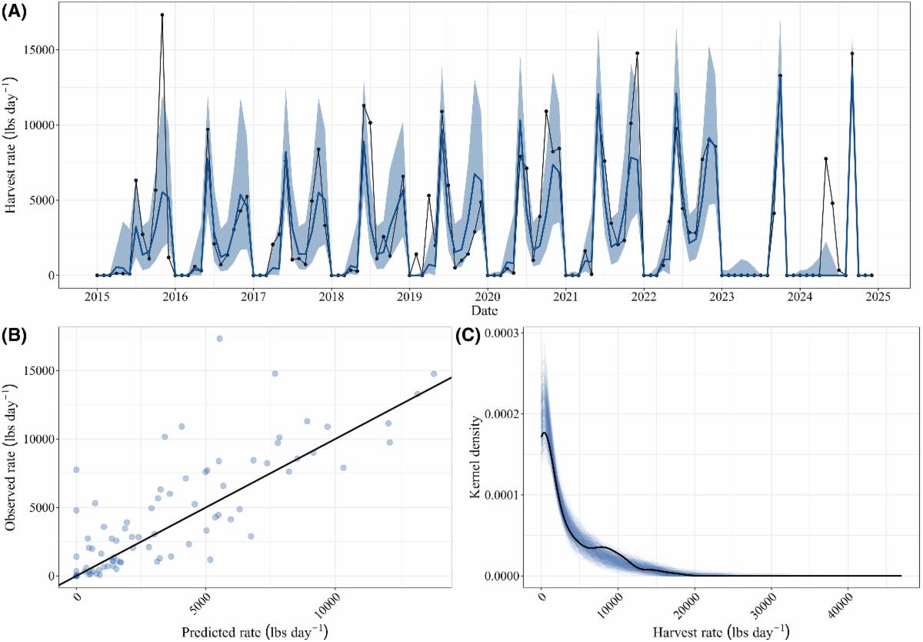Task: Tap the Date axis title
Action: click(485, 311)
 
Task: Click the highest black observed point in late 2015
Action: click(162, 15)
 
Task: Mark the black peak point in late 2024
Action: click(852, 54)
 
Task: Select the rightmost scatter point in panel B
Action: click(434, 374)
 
